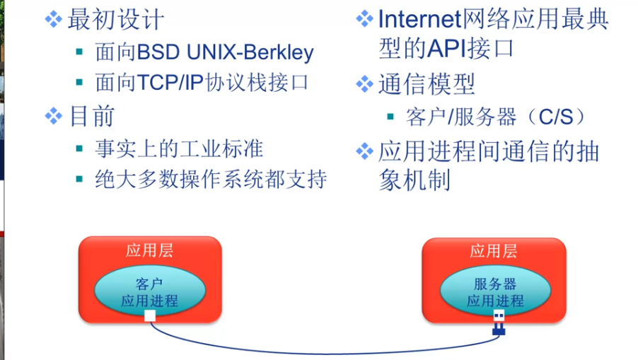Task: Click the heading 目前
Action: pos(91,116)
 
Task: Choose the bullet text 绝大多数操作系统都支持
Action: pos(211,179)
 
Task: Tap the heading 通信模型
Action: pos(427,84)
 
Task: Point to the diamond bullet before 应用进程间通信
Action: pos(364,151)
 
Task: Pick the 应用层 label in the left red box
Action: pos(149,250)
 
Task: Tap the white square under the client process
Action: pos(149,316)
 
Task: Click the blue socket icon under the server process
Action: pos(499,322)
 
